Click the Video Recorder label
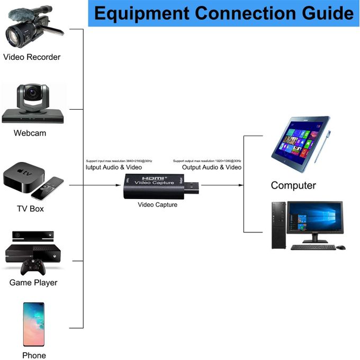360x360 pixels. (x=32, y=57)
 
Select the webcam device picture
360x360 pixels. (x=33, y=103)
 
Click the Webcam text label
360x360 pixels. (x=30, y=133)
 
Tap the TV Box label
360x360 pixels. (x=30, y=209)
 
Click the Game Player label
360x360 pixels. (x=33, y=283)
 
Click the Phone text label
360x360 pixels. (x=34, y=355)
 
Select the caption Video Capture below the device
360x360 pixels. (x=157, y=205)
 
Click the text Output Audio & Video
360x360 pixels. (x=212, y=167)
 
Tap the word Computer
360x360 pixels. (x=293, y=185)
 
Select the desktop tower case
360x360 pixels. (x=278, y=225)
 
